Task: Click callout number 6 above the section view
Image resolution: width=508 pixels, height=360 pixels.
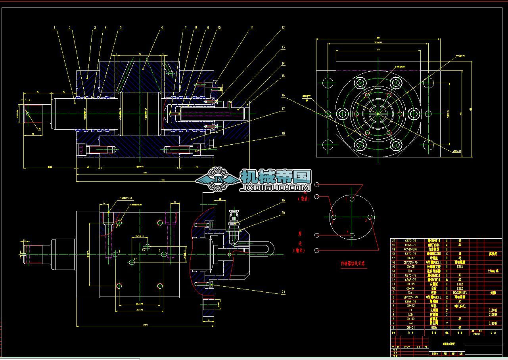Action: (x=162, y=28)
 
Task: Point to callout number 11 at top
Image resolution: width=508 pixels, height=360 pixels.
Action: (x=251, y=28)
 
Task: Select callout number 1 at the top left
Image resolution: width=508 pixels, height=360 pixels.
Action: (x=55, y=28)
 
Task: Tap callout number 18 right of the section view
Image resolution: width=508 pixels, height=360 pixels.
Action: (x=283, y=134)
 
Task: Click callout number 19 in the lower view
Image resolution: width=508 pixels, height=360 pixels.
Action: (x=283, y=201)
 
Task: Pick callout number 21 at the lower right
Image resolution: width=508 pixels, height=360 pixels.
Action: (x=283, y=292)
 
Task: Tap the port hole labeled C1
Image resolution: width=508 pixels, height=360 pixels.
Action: (x=132, y=262)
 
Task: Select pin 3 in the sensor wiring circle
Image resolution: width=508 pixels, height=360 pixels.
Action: (x=370, y=217)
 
